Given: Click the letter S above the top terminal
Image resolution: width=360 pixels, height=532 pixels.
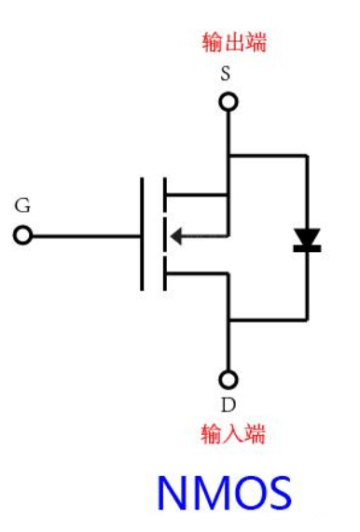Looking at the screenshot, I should [226, 75].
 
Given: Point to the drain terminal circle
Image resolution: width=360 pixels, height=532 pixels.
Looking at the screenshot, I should [228, 379].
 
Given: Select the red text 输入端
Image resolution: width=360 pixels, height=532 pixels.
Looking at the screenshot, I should [233, 434].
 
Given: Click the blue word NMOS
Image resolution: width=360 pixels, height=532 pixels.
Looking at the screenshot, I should [224, 494].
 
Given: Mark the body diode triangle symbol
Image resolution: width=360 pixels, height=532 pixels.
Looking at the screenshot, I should [307, 239].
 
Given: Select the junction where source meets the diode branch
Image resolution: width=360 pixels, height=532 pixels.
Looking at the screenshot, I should [228, 155].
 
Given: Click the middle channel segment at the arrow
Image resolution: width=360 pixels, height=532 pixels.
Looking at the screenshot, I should [164, 235].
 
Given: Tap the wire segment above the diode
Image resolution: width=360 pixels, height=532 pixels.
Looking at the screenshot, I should [307, 191].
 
